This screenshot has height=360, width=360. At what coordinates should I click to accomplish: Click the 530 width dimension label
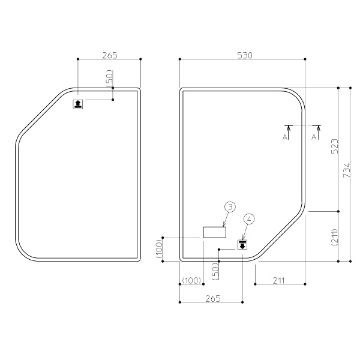[x=245, y=55]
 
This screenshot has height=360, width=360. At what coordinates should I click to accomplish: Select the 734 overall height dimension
[x=347, y=170]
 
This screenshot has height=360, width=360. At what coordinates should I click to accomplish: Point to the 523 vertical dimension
[x=335, y=146]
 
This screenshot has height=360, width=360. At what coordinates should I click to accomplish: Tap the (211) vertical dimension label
[x=335, y=237]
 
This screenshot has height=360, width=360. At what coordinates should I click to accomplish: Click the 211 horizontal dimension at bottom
[x=279, y=280]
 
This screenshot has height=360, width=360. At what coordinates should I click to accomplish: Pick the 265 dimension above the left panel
[x=110, y=55]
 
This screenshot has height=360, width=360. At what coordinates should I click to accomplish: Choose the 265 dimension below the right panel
[x=213, y=298]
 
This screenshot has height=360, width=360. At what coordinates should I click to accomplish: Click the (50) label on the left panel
[x=110, y=78]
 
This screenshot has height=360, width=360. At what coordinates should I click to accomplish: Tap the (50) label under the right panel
[x=215, y=271]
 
